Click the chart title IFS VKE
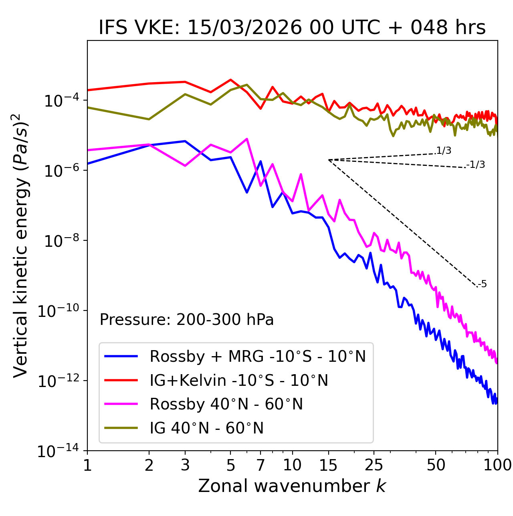pos(292,27)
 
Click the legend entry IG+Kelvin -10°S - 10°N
pos(239,380)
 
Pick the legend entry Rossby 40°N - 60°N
pos(226,404)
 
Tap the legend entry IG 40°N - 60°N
pos(206,428)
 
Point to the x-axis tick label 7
pos(261,465)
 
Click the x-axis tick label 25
pos(374,465)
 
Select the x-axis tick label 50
pos(436,465)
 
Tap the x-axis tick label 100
pos(497,465)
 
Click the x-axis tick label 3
pos(185,465)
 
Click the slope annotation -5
pos(483,284)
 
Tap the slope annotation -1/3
pos(476,165)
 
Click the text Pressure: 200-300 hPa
pos(186,320)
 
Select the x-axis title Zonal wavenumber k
pos(292,486)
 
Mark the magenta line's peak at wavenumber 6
pos(247,139)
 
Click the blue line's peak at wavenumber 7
pos(261,161)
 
